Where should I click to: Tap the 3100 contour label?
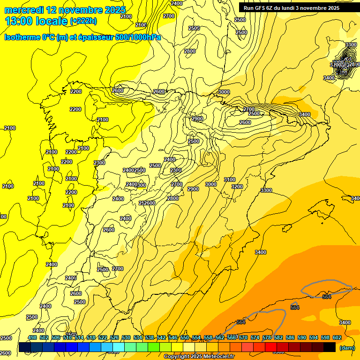(x=230, y=180)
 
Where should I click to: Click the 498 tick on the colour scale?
(x=32, y=337)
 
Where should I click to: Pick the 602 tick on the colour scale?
(x=337, y=337)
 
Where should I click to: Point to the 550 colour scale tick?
(x=185, y=337)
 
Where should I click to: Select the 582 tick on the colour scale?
(x=278, y=337)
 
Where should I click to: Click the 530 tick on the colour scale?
(x=126, y=337)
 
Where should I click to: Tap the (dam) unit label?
(x=347, y=347)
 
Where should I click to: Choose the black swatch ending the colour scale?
(x=330, y=347)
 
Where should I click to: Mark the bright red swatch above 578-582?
(x=271, y=347)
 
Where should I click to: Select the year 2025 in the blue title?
(x=115, y=9)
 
